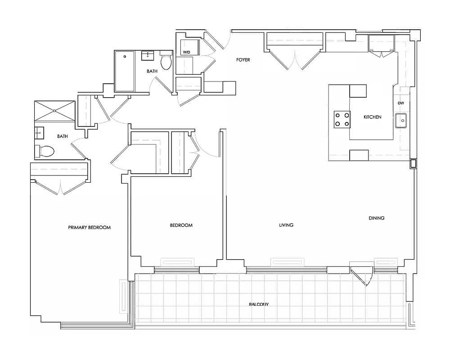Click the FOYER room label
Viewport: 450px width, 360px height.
[243, 60]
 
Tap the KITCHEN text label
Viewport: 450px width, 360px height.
[372, 117]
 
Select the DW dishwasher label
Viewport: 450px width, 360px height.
[400, 103]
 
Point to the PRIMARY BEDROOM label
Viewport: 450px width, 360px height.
[89, 227]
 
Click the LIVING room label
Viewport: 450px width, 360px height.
[286, 225]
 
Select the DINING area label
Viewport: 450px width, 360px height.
[377, 218]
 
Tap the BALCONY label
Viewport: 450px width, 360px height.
[259, 305]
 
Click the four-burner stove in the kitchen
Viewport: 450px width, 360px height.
[342, 119]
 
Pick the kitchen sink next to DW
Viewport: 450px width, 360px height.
[401, 121]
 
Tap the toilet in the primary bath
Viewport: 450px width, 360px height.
[45, 151]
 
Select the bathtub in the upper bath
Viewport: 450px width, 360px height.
[124, 71]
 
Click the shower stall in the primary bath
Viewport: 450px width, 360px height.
[54, 110]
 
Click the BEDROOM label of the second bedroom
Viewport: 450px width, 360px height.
[181, 225]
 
